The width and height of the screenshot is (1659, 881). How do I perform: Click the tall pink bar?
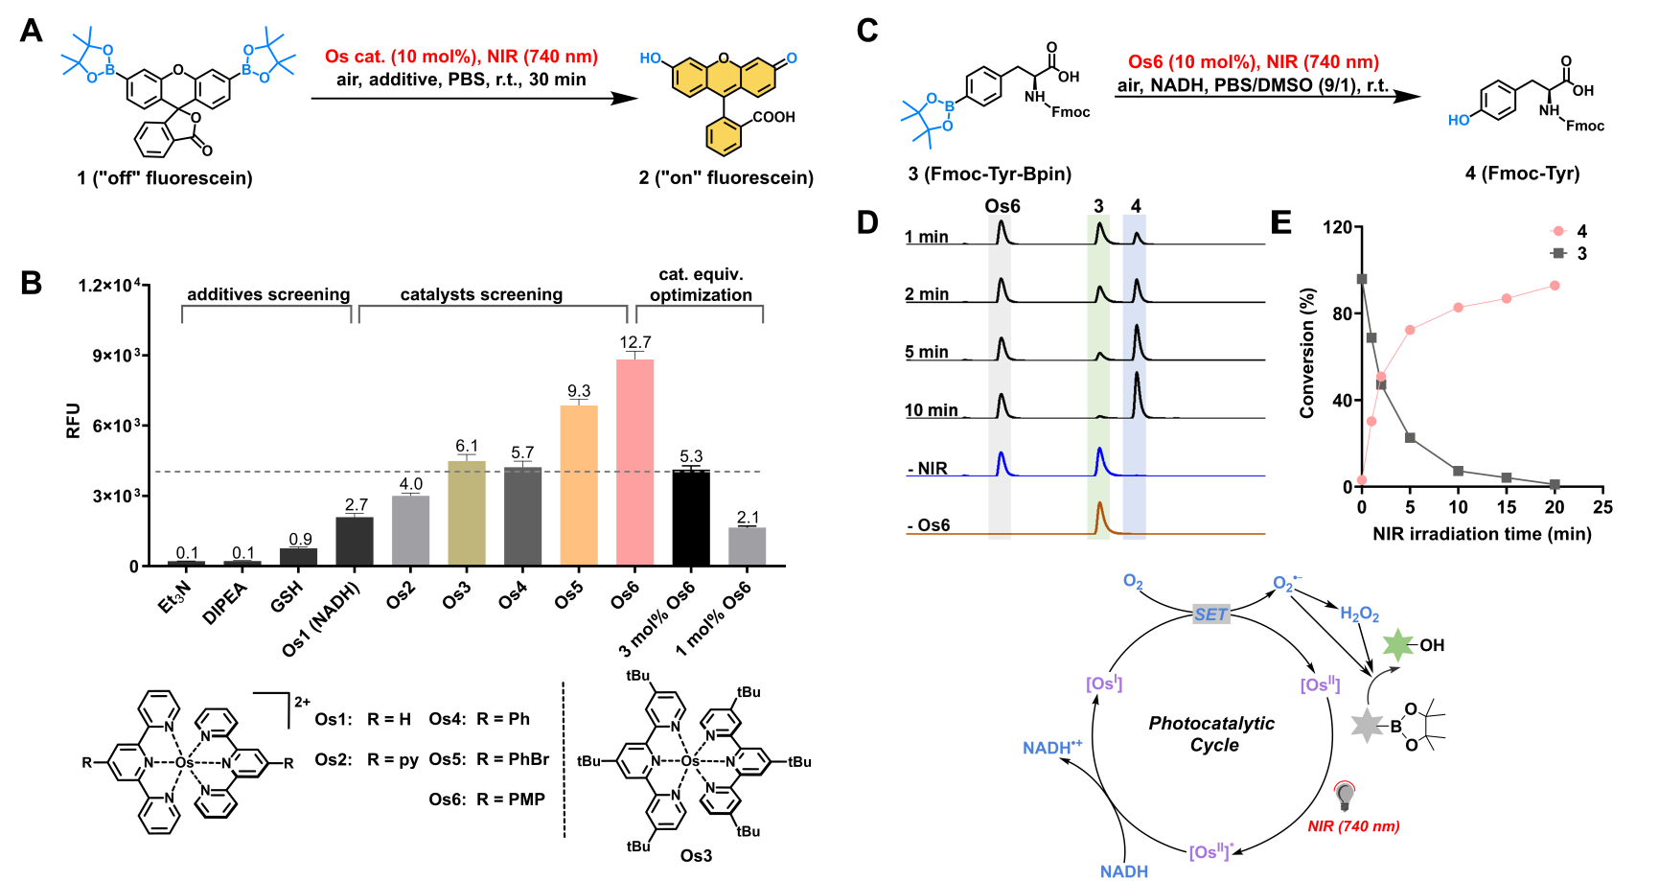coord(634,461)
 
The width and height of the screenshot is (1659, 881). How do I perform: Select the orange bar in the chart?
coord(578,484)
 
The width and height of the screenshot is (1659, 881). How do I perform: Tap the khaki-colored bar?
coord(466,512)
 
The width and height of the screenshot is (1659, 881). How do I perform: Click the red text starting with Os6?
coord(1253,62)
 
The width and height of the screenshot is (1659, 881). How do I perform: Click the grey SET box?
coord(1210,614)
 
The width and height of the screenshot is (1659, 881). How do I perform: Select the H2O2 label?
coord(1359,614)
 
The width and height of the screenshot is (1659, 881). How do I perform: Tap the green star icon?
coord(1398,646)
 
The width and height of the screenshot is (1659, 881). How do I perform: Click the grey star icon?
coord(1367,725)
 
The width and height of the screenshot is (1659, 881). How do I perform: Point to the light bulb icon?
coord(1345,795)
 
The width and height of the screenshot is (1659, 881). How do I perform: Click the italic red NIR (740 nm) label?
coord(1353,826)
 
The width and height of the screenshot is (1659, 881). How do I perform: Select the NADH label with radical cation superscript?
coord(1051,748)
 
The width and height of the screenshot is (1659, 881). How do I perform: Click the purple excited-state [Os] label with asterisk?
coord(1210,851)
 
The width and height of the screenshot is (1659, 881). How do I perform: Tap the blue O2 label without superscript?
coord(1132,582)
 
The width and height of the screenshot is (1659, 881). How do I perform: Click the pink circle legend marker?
coord(1557,231)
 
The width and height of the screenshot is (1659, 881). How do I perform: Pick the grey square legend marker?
coord(1557,253)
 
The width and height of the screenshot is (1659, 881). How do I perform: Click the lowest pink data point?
coord(1362,479)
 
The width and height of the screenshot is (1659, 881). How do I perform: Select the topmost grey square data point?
coord(1361,279)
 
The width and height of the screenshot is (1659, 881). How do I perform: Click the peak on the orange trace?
coord(1099,505)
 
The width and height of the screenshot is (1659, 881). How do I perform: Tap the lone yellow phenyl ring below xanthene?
coord(724,137)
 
